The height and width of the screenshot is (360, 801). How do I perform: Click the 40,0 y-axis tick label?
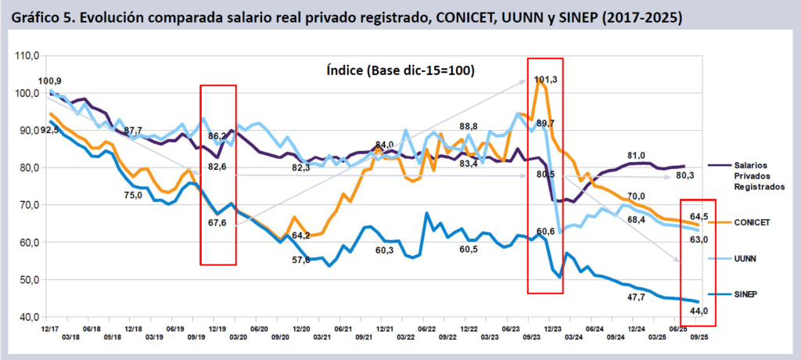click(x=29, y=317)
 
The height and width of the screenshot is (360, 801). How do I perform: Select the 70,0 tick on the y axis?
click(x=29, y=205)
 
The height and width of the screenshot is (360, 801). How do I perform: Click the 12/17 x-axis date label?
click(x=48, y=330)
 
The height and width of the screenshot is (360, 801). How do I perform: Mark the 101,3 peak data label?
click(x=546, y=79)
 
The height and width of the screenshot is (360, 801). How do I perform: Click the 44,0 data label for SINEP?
click(x=699, y=311)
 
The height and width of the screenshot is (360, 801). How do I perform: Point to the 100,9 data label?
click(x=50, y=81)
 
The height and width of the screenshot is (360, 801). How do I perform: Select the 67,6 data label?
click(x=218, y=223)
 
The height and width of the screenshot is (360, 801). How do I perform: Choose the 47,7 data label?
click(x=637, y=297)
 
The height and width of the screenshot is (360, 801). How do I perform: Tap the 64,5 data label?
click(x=699, y=216)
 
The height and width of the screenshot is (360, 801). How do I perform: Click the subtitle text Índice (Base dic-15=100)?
click(x=400, y=70)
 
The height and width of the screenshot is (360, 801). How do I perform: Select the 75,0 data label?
click(x=133, y=196)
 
